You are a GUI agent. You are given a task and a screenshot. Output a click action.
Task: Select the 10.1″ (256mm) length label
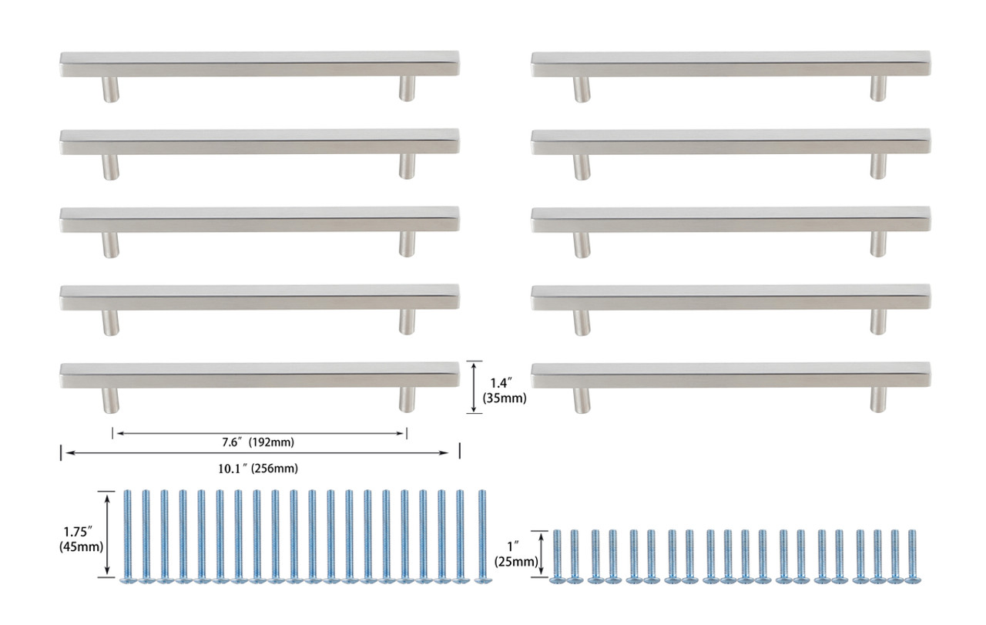pos(258,468)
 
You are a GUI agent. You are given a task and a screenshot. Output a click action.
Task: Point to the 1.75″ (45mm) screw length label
pos(80,539)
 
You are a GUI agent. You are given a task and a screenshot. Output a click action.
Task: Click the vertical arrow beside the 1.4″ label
pos(475,388)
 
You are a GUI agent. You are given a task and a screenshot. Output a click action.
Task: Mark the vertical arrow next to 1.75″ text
pos(109,533)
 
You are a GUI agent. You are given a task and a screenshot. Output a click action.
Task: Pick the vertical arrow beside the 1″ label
pos(544,554)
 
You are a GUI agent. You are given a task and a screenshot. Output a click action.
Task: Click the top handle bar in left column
pos(260,64)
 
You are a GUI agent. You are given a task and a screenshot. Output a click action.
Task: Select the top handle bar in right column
pos(730,64)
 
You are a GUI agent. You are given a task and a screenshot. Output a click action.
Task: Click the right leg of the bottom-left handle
pos(407,398)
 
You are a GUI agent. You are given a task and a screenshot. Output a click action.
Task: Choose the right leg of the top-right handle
pos(878,89)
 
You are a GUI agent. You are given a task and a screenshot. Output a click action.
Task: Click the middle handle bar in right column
pos(730,220)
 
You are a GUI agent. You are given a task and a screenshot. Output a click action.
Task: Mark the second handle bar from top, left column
pos(260,141)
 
